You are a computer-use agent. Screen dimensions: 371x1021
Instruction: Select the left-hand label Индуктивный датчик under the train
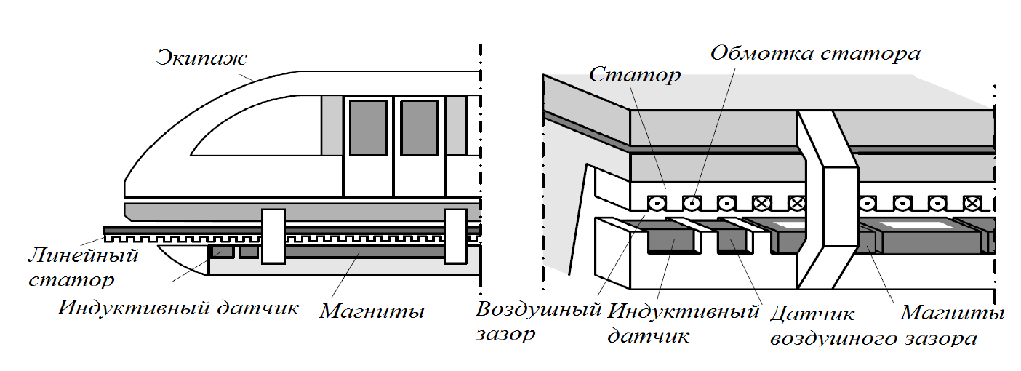pyautogui.click(x=179, y=308)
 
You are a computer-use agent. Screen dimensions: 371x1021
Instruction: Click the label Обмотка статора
pyautogui.click(x=815, y=53)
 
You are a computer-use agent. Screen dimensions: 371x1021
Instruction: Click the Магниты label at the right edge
pyautogui.click(x=953, y=313)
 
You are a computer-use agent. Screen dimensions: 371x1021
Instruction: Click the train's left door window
pyautogui.click(x=367, y=128)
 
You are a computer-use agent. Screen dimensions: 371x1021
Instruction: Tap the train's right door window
pyautogui.click(x=419, y=128)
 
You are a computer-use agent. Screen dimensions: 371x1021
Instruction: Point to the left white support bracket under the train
pyautogui.click(x=273, y=235)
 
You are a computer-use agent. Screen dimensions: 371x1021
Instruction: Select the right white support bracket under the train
pyautogui.click(x=455, y=235)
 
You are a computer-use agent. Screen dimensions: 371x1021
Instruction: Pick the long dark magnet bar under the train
pyautogui.click(x=364, y=252)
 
